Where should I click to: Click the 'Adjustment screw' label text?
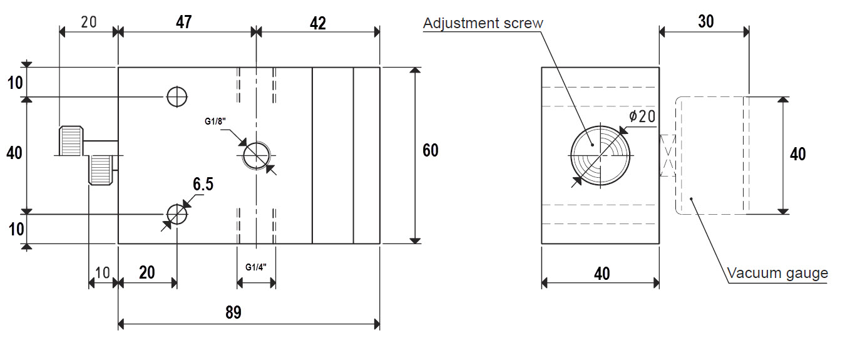tap(483, 23)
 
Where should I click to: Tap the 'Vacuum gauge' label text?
tap(777, 273)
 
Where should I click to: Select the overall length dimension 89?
tap(233, 312)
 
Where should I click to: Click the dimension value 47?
tap(184, 23)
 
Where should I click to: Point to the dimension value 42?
tap(317, 23)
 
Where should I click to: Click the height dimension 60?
tap(431, 150)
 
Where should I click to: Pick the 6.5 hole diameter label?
tap(203, 184)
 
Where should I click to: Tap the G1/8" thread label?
tap(215, 121)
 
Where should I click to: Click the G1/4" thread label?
tap(256, 267)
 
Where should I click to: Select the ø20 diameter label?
tap(642, 116)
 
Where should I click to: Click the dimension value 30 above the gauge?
tap(706, 21)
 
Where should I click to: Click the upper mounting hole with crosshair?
tap(177, 97)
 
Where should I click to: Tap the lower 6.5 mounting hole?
tap(177, 214)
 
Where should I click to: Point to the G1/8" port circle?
tap(256, 155)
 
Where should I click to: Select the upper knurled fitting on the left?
tap(71, 141)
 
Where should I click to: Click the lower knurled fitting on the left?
tap(101, 170)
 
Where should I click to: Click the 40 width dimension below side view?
tap(602, 274)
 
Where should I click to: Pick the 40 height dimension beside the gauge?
tap(798, 155)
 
